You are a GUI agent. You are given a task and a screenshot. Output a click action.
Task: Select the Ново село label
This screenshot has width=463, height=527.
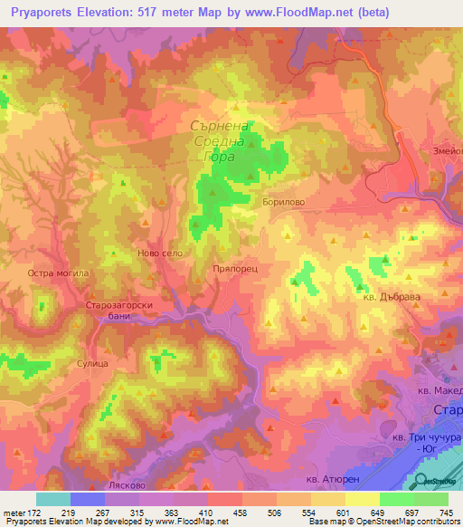pyautogui.click(x=160, y=254)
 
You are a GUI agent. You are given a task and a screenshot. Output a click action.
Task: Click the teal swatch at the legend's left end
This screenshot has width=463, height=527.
pyautogui.click(x=53, y=499)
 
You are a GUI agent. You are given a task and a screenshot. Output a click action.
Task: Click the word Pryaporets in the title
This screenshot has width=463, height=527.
pyautogui.click(x=36, y=10)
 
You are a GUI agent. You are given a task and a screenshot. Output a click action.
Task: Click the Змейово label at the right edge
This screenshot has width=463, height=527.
pyautogui.click(x=447, y=151)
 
